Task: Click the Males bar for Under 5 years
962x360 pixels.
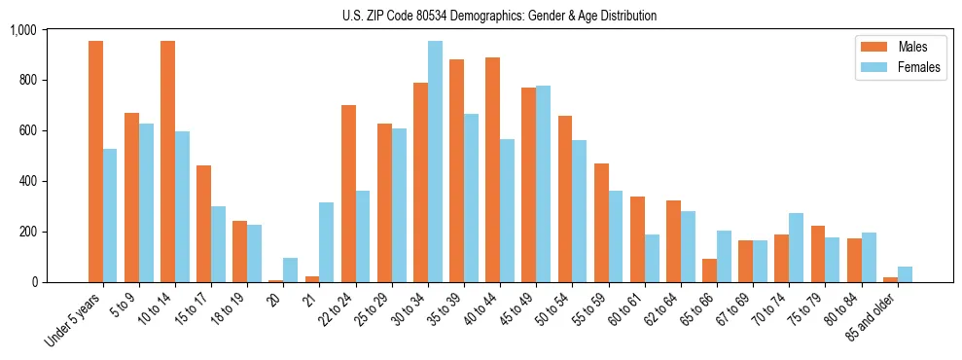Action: tap(95, 162)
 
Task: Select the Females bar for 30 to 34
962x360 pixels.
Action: tap(435, 162)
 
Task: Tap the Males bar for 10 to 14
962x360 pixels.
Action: tap(167, 162)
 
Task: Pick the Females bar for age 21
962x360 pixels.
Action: tap(327, 242)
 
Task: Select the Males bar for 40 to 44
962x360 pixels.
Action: tap(492, 169)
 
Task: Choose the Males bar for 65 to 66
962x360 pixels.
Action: tap(709, 270)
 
